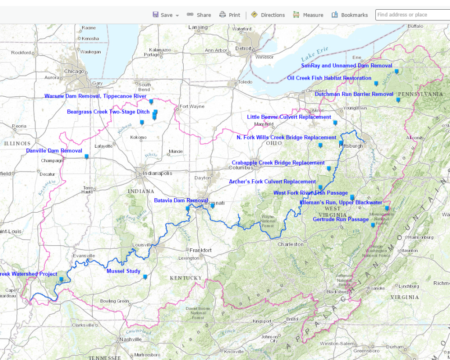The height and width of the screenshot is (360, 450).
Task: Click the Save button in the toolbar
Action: click(166, 15)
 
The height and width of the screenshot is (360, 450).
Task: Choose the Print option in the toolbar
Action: click(230, 15)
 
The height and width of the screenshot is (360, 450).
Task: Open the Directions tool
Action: click(268, 15)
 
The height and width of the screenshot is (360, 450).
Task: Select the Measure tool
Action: click(308, 15)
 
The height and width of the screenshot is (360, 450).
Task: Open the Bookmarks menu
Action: click(350, 15)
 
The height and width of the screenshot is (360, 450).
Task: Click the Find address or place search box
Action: click(412, 15)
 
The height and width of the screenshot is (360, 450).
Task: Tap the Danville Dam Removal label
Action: click(54, 151)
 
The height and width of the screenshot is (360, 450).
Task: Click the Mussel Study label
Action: click(123, 271)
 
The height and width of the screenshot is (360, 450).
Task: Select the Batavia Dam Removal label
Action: click(181, 200)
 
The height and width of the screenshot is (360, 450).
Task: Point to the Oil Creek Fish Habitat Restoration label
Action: click(329, 78)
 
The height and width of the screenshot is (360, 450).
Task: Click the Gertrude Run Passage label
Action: click(341, 219)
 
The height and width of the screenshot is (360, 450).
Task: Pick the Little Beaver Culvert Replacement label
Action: click(289, 117)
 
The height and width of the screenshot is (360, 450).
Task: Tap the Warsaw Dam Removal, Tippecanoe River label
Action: click(95, 96)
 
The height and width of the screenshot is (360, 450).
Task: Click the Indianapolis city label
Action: click(157, 173)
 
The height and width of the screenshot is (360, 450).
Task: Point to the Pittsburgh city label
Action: click(351, 146)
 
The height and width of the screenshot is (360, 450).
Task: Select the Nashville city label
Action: click(131, 339)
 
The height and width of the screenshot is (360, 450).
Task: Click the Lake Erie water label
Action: click(315, 55)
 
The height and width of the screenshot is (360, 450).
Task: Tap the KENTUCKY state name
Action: click(186, 278)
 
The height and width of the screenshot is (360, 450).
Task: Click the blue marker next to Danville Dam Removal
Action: click(87, 156)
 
